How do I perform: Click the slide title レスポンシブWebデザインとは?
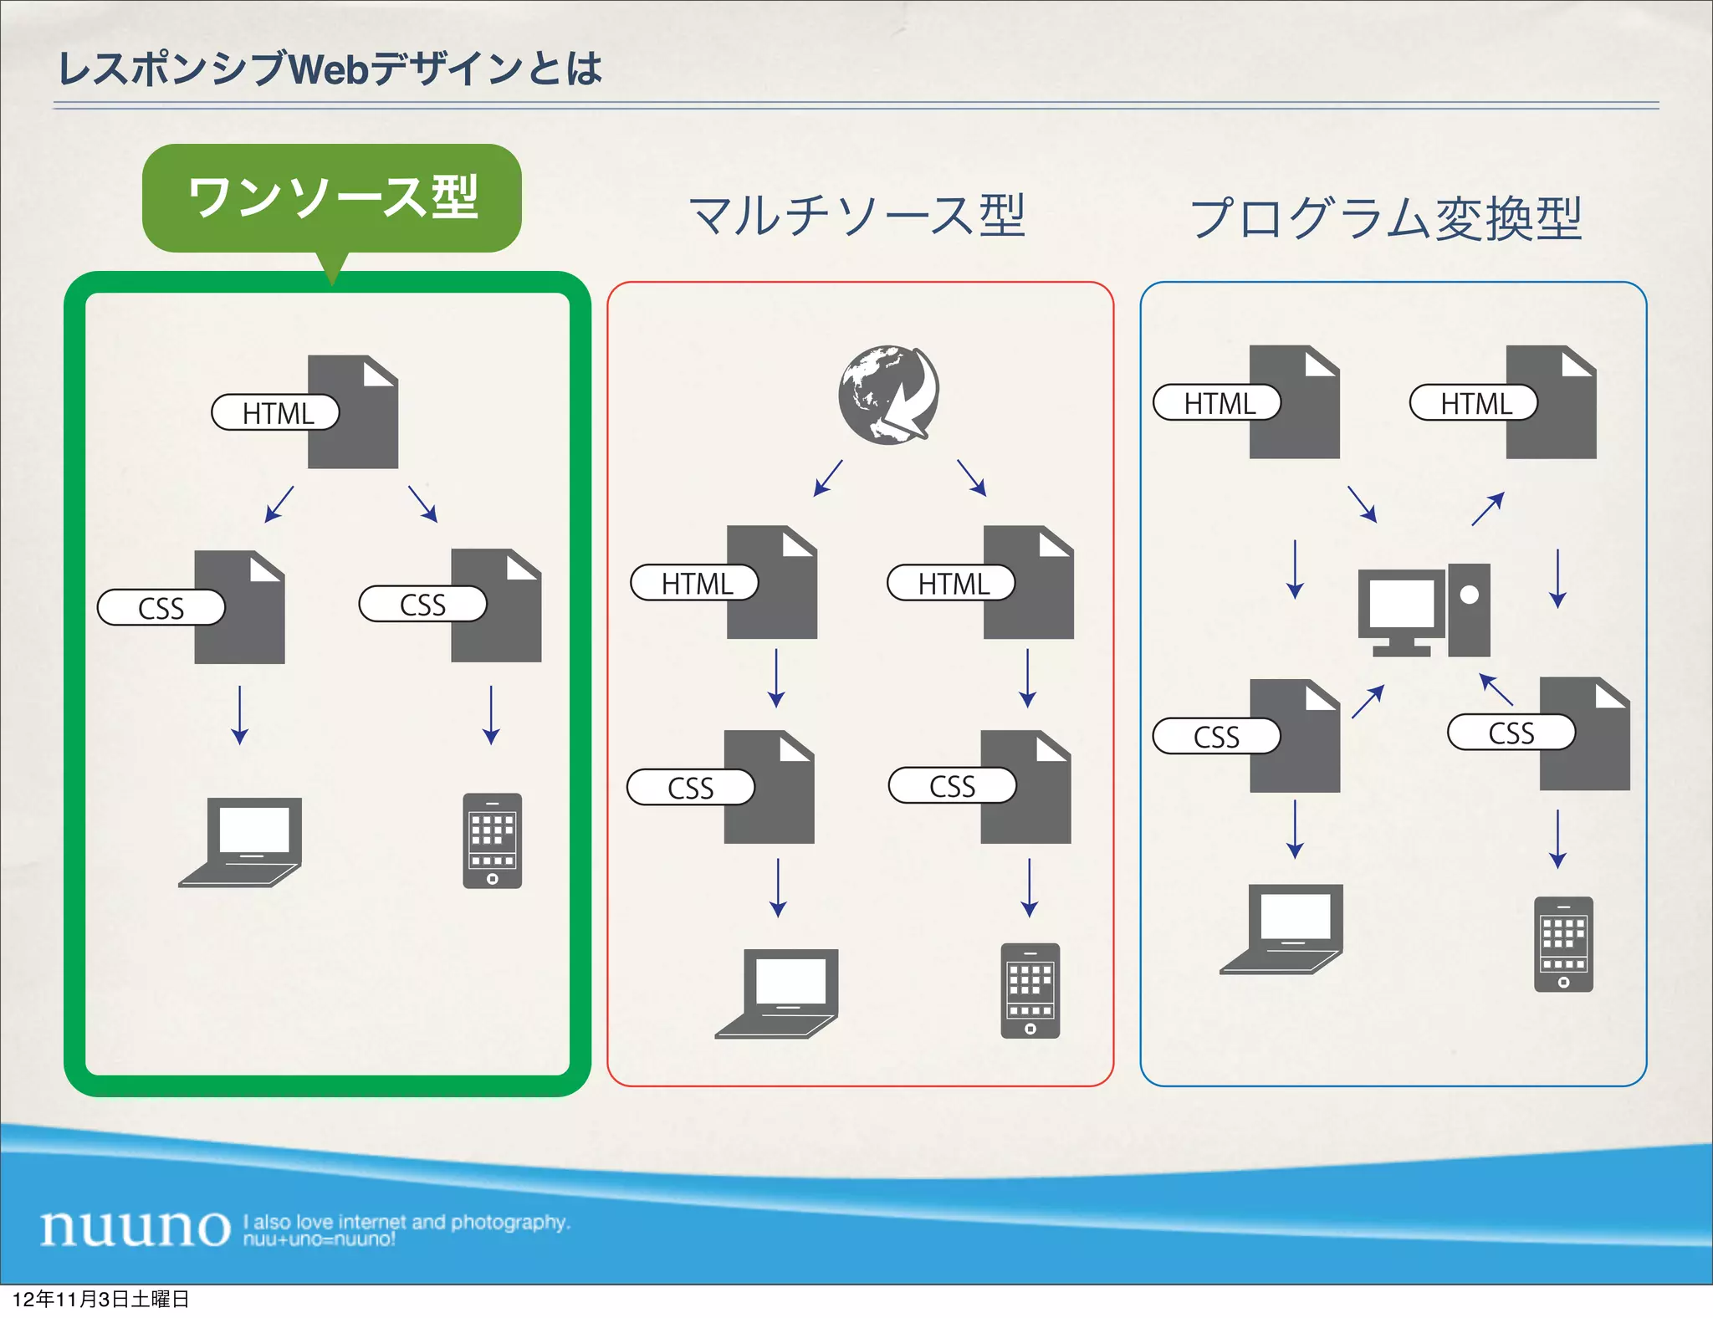point(330,69)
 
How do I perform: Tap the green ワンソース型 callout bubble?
point(332,198)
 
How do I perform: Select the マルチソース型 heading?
point(857,216)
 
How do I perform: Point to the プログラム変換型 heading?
point(1386,218)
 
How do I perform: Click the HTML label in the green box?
point(276,413)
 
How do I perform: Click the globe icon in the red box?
point(888,394)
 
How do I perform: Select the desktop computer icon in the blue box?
point(1424,610)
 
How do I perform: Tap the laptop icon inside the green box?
point(241,841)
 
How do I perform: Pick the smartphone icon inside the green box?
point(492,840)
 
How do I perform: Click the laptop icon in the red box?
point(778,993)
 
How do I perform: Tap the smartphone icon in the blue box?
point(1562,944)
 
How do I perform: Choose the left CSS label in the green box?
point(161,608)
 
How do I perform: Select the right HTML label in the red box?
point(952,584)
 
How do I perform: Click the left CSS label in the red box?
point(691,788)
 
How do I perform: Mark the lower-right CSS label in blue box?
point(1511,733)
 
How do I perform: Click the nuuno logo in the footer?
point(136,1228)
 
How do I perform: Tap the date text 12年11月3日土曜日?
point(100,1299)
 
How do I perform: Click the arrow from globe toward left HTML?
point(827,478)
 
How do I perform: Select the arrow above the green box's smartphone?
point(491,715)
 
